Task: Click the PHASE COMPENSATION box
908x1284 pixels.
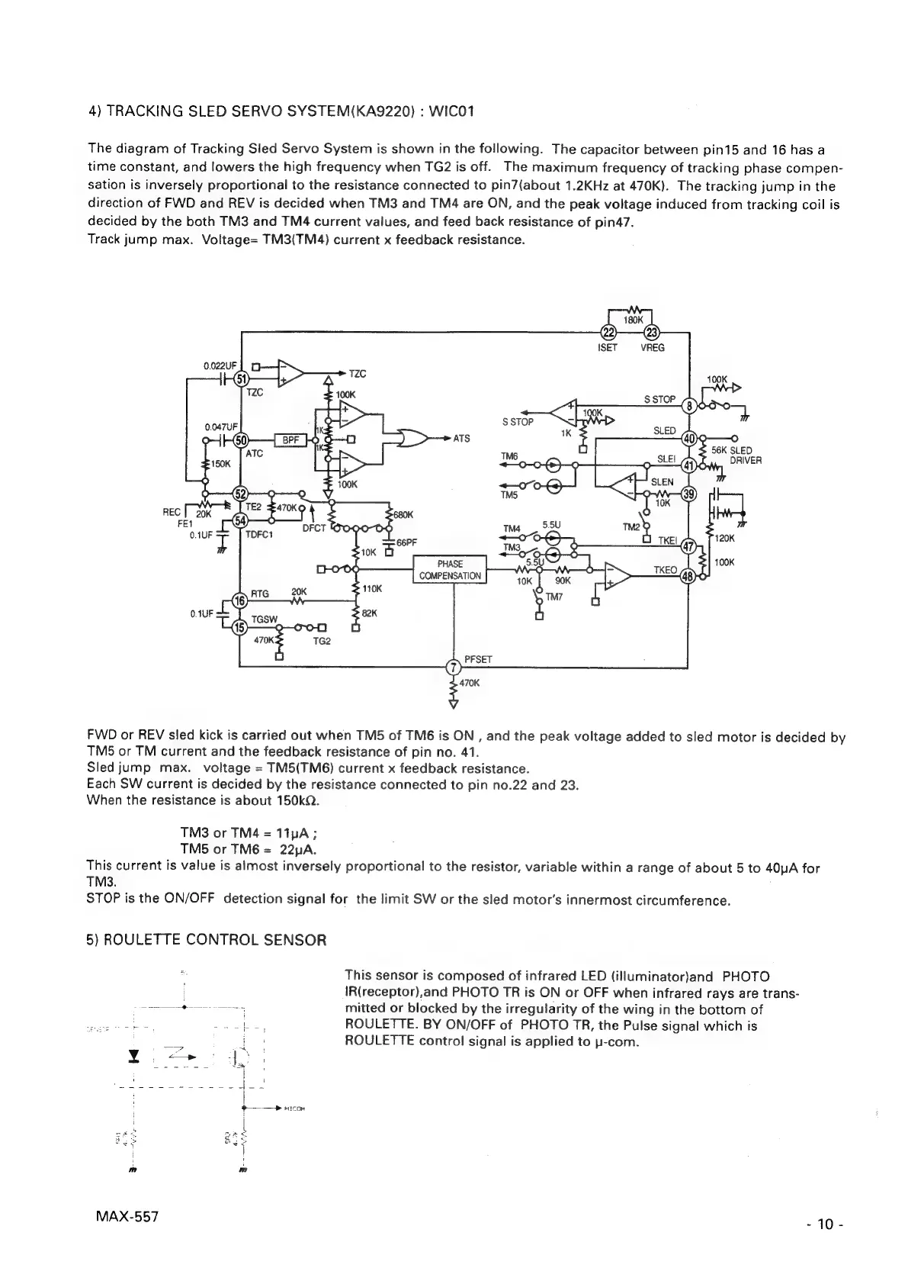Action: [x=450, y=570]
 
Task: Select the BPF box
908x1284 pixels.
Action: [x=290, y=439]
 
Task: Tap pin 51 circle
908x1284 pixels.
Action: [x=241, y=379]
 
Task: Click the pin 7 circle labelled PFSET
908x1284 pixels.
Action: [x=453, y=668]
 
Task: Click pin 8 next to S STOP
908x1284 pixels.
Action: [x=689, y=405]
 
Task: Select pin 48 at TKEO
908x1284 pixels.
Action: [x=686, y=576]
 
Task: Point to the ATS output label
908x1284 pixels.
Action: [x=461, y=439]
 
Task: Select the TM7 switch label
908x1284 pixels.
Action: [x=553, y=597]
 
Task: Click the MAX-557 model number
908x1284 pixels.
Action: [x=123, y=1216]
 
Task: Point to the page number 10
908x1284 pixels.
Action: [x=826, y=1224]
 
